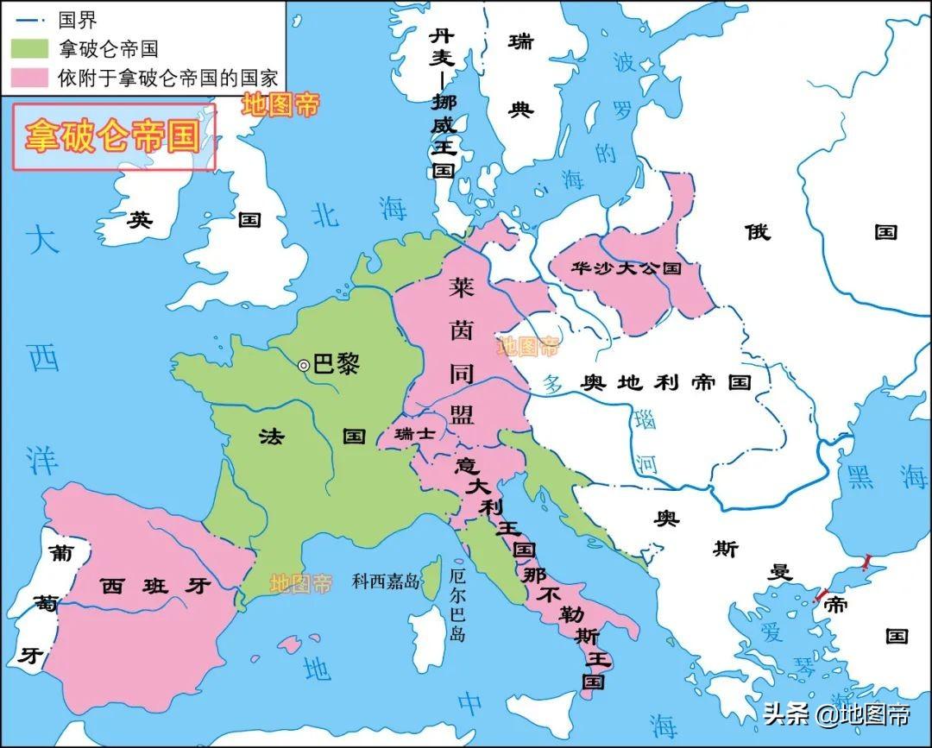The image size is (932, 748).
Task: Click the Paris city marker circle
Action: click(x=304, y=366)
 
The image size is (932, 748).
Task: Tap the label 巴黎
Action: click(x=335, y=364)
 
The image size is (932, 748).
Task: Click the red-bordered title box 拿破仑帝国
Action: click(x=113, y=136)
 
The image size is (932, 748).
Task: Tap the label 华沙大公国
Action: click(x=626, y=268)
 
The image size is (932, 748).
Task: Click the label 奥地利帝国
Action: click(x=665, y=382)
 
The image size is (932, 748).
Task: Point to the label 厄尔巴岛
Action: click(x=458, y=603)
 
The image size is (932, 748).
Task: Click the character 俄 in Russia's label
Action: click(x=757, y=231)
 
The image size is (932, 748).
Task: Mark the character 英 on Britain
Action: click(x=140, y=220)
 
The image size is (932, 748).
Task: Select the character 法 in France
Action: click(x=270, y=437)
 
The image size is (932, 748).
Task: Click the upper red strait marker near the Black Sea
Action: click(x=866, y=562)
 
